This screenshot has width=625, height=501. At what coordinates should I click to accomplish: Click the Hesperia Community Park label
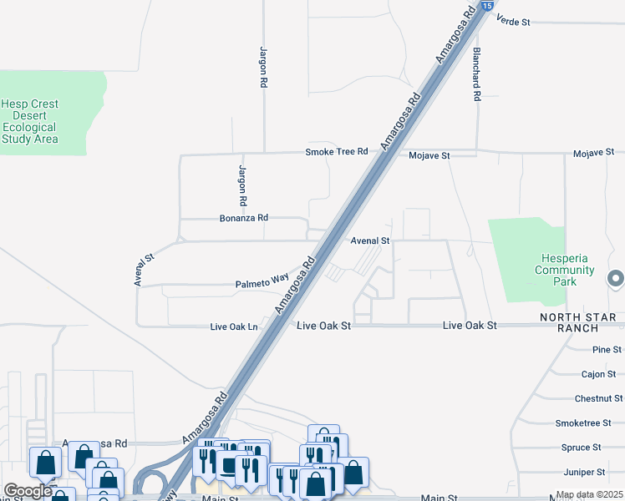click(x=565, y=271)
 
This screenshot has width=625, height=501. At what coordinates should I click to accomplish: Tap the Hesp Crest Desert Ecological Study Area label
click(x=30, y=122)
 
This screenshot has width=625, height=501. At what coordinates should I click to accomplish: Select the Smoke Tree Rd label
click(x=336, y=152)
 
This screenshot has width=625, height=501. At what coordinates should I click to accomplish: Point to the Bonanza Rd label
click(x=243, y=218)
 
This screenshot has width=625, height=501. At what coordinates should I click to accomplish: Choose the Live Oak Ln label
click(x=234, y=326)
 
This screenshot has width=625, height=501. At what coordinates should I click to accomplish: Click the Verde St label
click(x=513, y=20)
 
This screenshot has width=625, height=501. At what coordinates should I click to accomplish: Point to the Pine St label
click(x=607, y=350)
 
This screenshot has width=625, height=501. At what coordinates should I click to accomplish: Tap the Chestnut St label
click(x=598, y=399)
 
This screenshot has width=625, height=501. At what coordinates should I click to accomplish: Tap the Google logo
click(x=28, y=491)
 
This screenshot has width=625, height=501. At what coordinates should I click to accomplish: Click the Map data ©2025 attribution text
click(x=589, y=495)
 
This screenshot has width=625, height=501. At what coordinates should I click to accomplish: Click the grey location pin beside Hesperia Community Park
click(x=617, y=279)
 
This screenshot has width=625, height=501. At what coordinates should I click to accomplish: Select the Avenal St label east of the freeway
click(x=370, y=240)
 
